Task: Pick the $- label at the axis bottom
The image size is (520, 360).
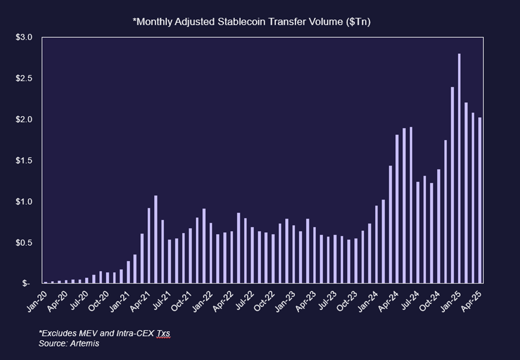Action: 27,284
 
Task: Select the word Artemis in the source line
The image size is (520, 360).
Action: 84,343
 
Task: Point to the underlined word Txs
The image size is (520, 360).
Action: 163,333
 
